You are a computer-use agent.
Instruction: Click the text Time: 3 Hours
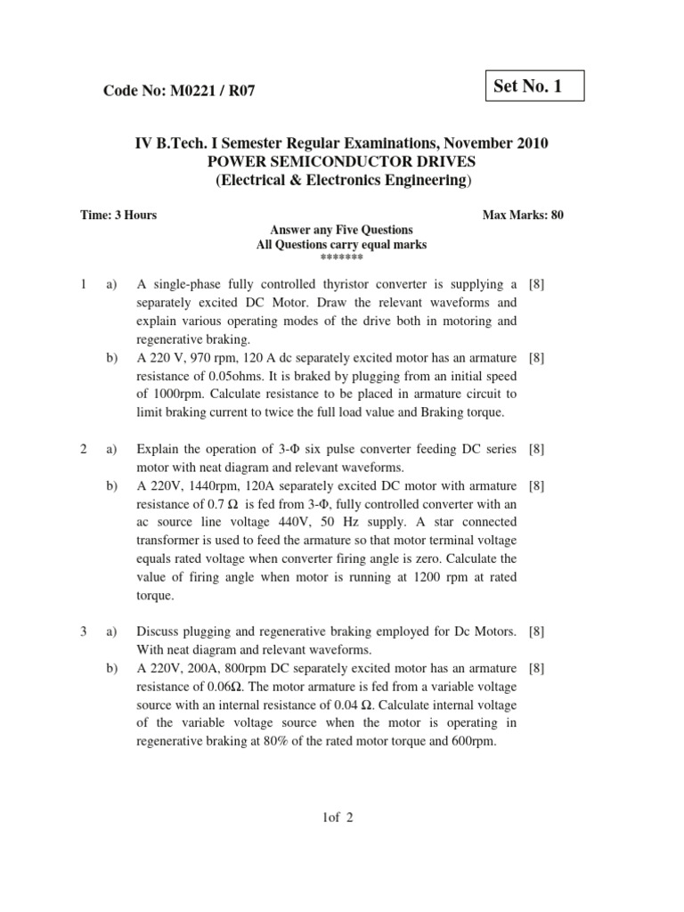click(x=118, y=215)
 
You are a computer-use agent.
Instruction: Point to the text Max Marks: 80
click(x=522, y=215)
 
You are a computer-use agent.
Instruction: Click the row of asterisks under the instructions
click(x=341, y=256)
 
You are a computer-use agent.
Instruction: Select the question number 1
click(x=83, y=285)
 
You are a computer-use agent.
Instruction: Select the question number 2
click(x=83, y=450)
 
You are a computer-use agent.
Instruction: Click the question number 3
click(x=83, y=631)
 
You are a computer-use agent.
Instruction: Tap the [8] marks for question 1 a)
click(x=537, y=285)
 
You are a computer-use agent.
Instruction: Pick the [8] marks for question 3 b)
click(x=537, y=668)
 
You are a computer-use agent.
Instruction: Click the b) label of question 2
click(x=112, y=486)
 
